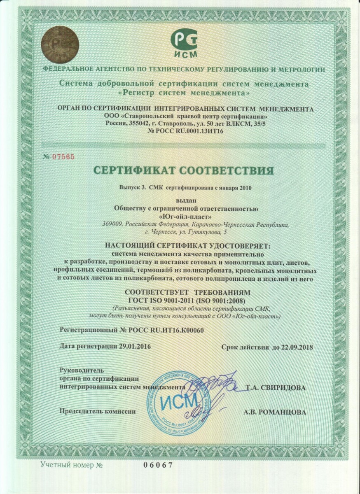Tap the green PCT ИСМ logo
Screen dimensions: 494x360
[184, 43]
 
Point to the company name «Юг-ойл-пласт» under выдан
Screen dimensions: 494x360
[181, 217]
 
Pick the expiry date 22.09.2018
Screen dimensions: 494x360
[295, 347]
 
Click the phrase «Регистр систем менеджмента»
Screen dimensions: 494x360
[184, 93]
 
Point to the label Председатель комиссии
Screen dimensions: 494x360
[98, 411]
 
